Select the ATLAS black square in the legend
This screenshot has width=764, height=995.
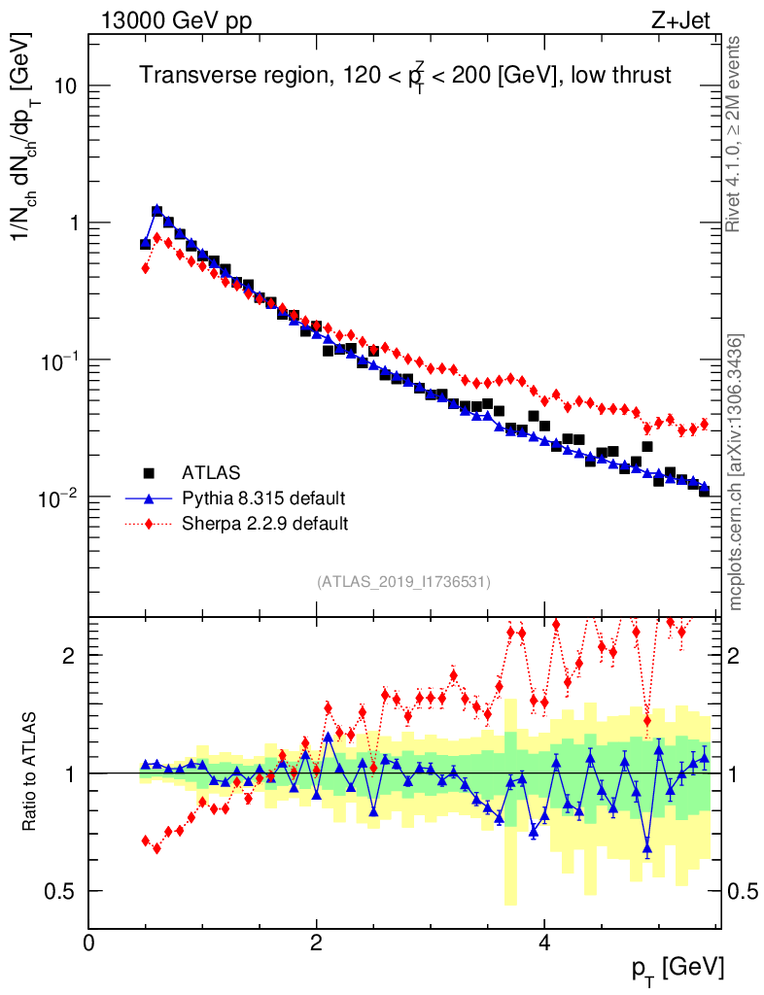tap(149, 473)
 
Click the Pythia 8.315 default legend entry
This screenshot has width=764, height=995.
tap(263, 498)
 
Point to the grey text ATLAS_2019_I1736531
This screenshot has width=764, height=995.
tap(403, 581)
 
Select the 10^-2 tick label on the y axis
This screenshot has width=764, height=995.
tap(56, 497)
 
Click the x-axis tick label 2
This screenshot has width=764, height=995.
tap(317, 942)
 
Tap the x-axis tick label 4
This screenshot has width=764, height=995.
tap(544, 942)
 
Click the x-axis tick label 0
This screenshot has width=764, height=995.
tap(89, 942)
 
